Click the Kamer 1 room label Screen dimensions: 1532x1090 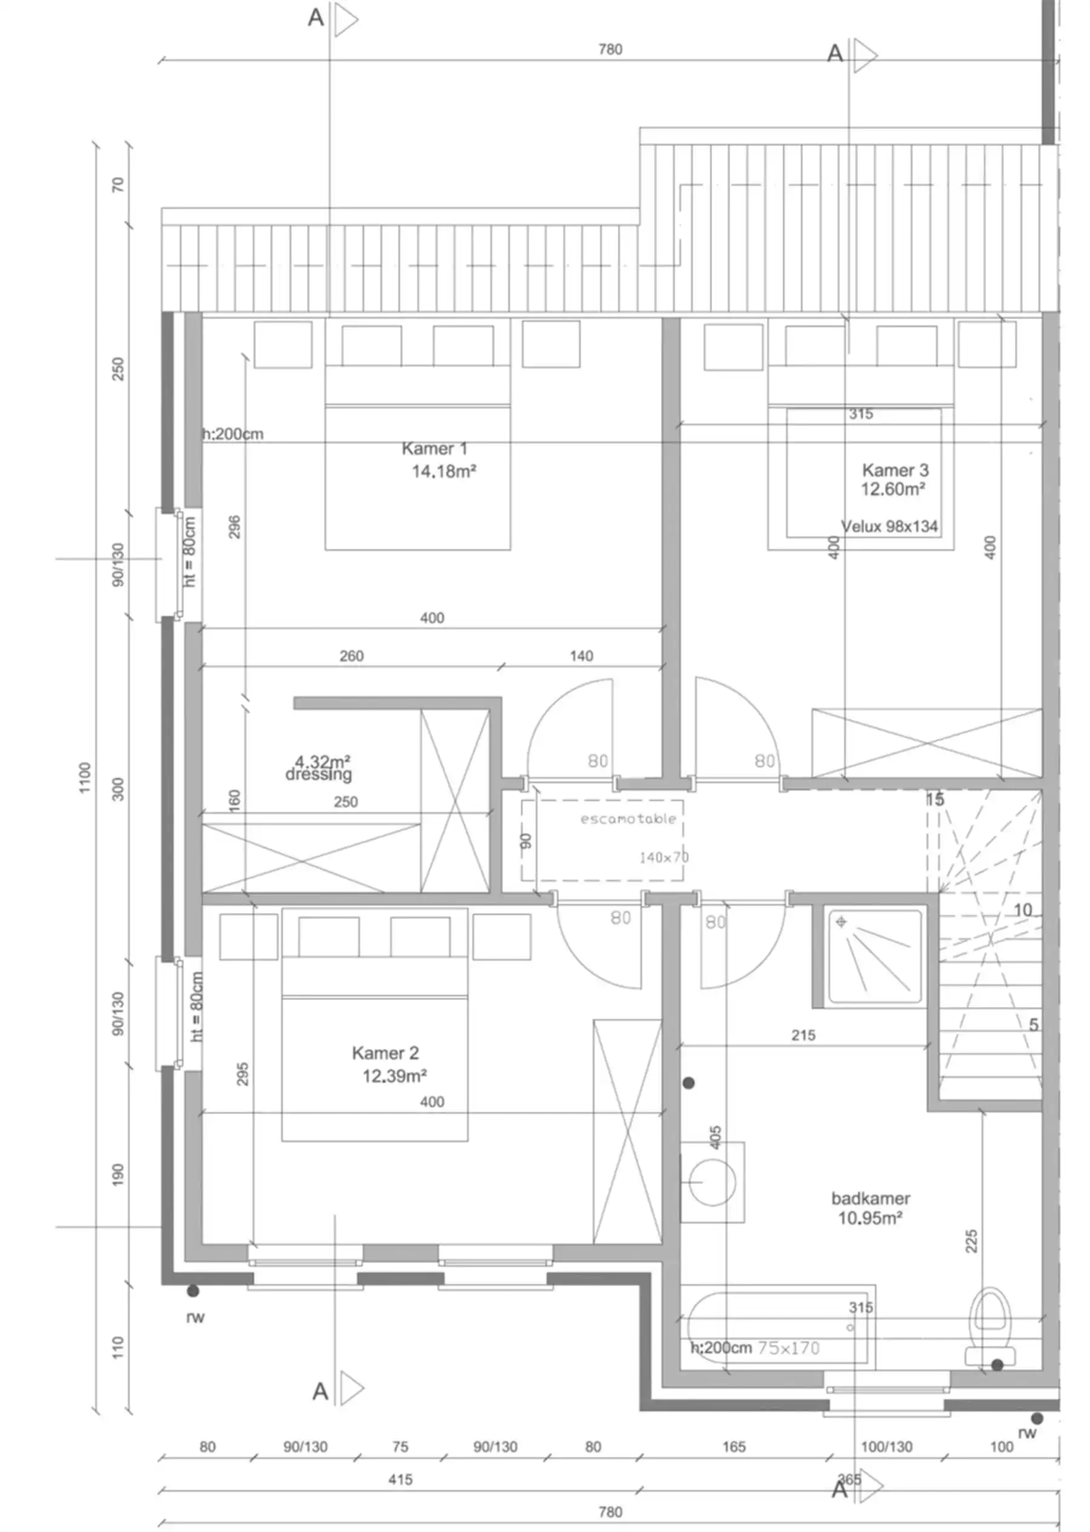[x=434, y=448]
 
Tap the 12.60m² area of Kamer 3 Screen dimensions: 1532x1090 [x=893, y=489]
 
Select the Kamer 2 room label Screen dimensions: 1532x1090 [x=385, y=1053]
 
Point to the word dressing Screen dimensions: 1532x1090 [x=318, y=775]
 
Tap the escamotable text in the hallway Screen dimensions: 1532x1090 [x=627, y=819]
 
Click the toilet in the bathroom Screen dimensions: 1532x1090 [x=991, y=1329]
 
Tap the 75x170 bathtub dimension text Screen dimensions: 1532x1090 [x=788, y=1348]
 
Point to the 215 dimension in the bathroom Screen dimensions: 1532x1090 [x=803, y=1035]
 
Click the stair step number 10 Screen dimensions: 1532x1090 [x=1022, y=910]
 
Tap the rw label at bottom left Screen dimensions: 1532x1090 [x=196, y=1317]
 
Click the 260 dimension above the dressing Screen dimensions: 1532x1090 [x=351, y=656]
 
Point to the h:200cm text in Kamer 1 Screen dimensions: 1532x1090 [x=233, y=434]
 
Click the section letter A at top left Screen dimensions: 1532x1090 [x=315, y=18]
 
